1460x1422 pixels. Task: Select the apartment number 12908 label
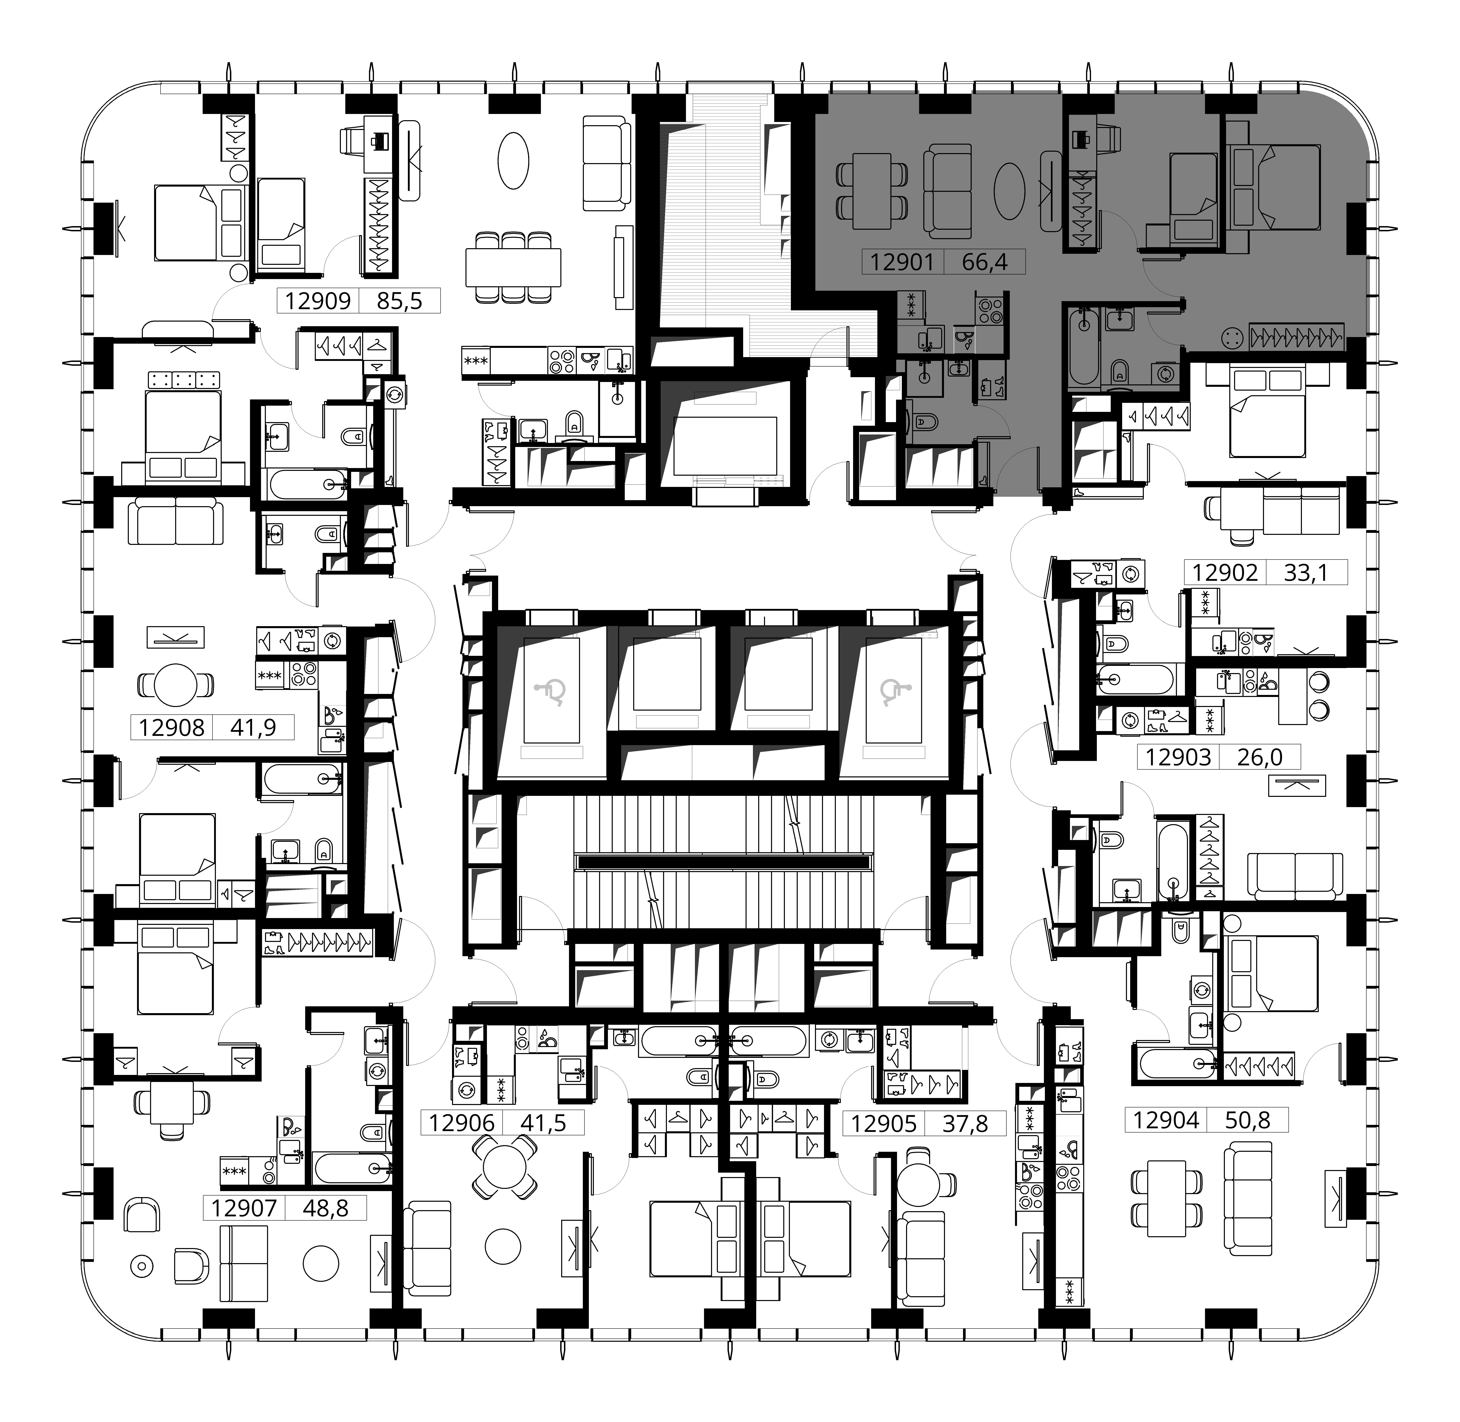pos(172,727)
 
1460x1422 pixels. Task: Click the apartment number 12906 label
pos(462,1122)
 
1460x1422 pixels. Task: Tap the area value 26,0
pos(1260,757)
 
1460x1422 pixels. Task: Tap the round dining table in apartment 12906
pos(505,1167)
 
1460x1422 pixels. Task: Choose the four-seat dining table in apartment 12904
pos(1167,1198)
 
